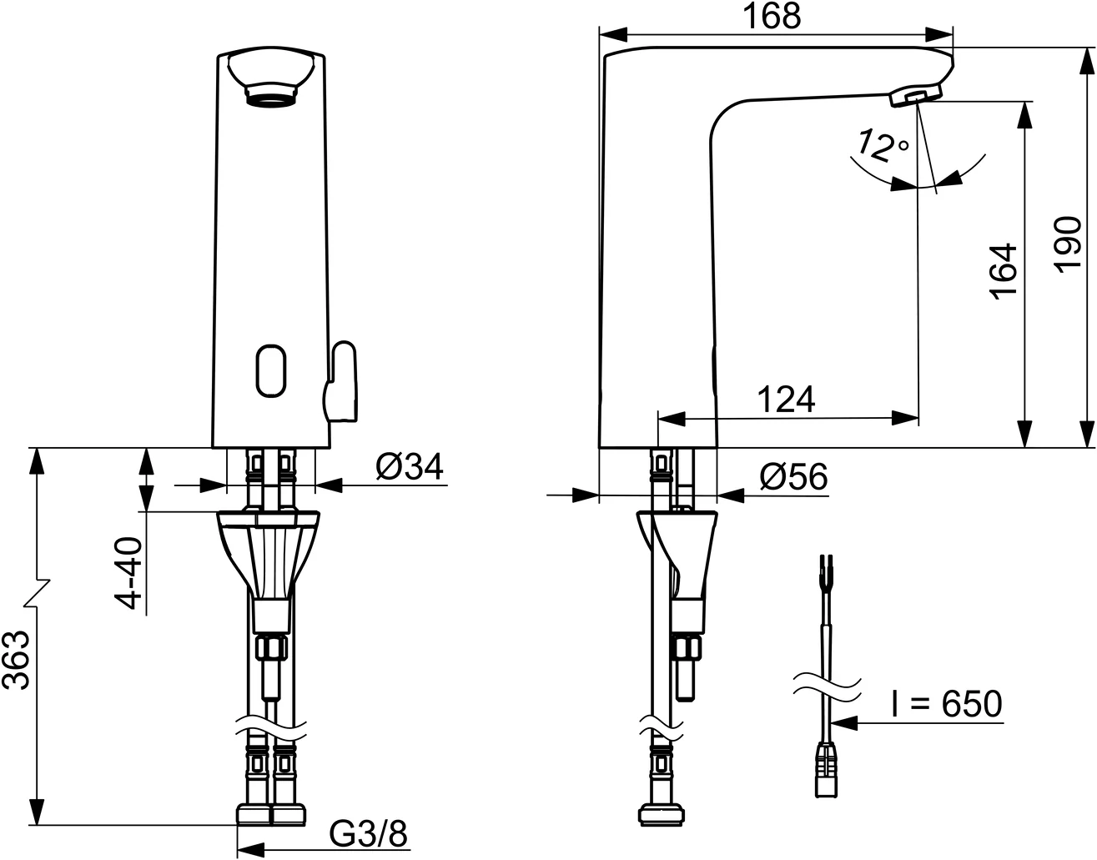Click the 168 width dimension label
[772, 16]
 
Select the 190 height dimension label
[1068, 244]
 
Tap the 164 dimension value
[1003, 272]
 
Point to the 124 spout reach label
[787, 400]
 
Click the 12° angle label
[883, 146]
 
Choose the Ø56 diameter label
[793, 476]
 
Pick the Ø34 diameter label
[410, 465]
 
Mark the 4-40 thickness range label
[127, 573]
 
